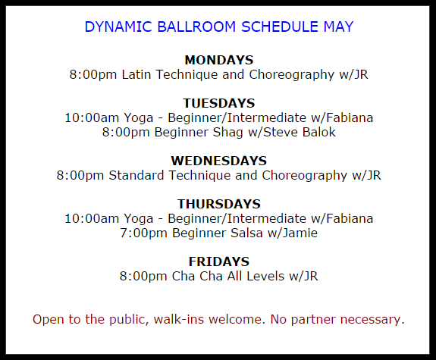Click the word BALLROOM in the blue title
(196, 27)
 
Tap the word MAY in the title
(338, 27)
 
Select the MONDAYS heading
(219, 60)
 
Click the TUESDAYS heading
(219, 103)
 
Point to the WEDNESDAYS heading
(219, 161)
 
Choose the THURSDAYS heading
(219, 204)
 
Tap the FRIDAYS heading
(219, 261)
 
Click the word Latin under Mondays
(136, 74)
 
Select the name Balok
(319, 132)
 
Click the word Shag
(227, 133)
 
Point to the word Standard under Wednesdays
(136, 175)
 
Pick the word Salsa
(246, 233)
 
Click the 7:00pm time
(143, 233)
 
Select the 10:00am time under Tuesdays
(95, 118)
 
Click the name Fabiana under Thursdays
(350, 218)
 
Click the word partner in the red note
(313, 320)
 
